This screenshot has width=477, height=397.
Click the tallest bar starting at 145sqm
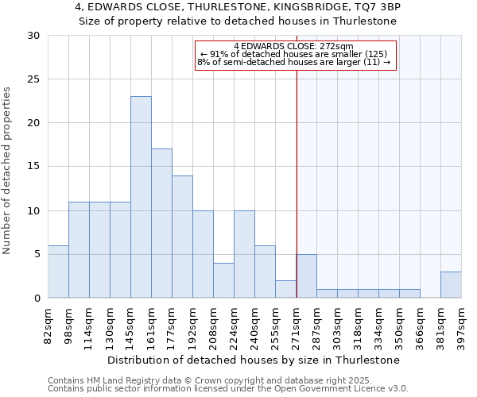[x=141, y=197]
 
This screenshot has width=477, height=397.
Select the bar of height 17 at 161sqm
[x=161, y=223]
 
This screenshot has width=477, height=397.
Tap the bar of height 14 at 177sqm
[x=182, y=237]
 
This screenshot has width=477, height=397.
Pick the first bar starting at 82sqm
[x=58, y=272]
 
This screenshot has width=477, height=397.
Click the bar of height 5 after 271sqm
[x=306, y=276]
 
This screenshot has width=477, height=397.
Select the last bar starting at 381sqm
[x=451, y=284]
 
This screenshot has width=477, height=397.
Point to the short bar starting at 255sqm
[x=285, y=289]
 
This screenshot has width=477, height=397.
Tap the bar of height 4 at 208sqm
[x=223, y=280]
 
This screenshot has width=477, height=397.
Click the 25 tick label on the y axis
[x=34, y=79]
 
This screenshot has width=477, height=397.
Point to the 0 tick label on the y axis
[x=37, y=298]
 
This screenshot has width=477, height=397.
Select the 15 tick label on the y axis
[x=34, y=167]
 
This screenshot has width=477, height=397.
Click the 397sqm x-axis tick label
[x=461, y=327]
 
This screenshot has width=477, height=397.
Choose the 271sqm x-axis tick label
[x=296, y=327]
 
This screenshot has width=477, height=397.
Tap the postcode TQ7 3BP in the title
[x=378, y=7]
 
